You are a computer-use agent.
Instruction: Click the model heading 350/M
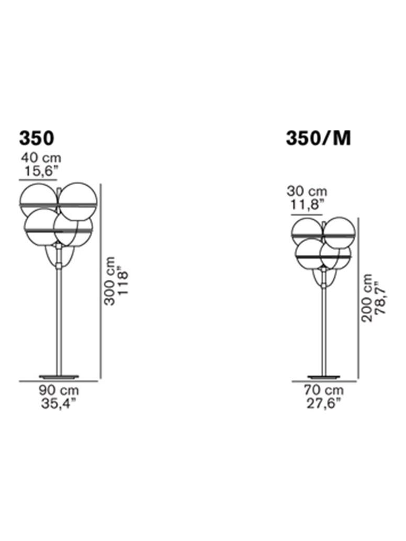tap(318, 138)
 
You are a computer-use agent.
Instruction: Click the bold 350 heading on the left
tap(37, 138)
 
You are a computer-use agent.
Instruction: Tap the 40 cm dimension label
tap(41, 157)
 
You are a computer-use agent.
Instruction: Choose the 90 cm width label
tap(59, 390)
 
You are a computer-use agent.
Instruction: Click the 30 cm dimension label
tap(307, 191)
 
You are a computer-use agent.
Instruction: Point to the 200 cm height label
tap(368, 298)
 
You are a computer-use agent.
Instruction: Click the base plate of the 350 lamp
tap(59, 376)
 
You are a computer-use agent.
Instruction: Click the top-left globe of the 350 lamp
tap(38, 200)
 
